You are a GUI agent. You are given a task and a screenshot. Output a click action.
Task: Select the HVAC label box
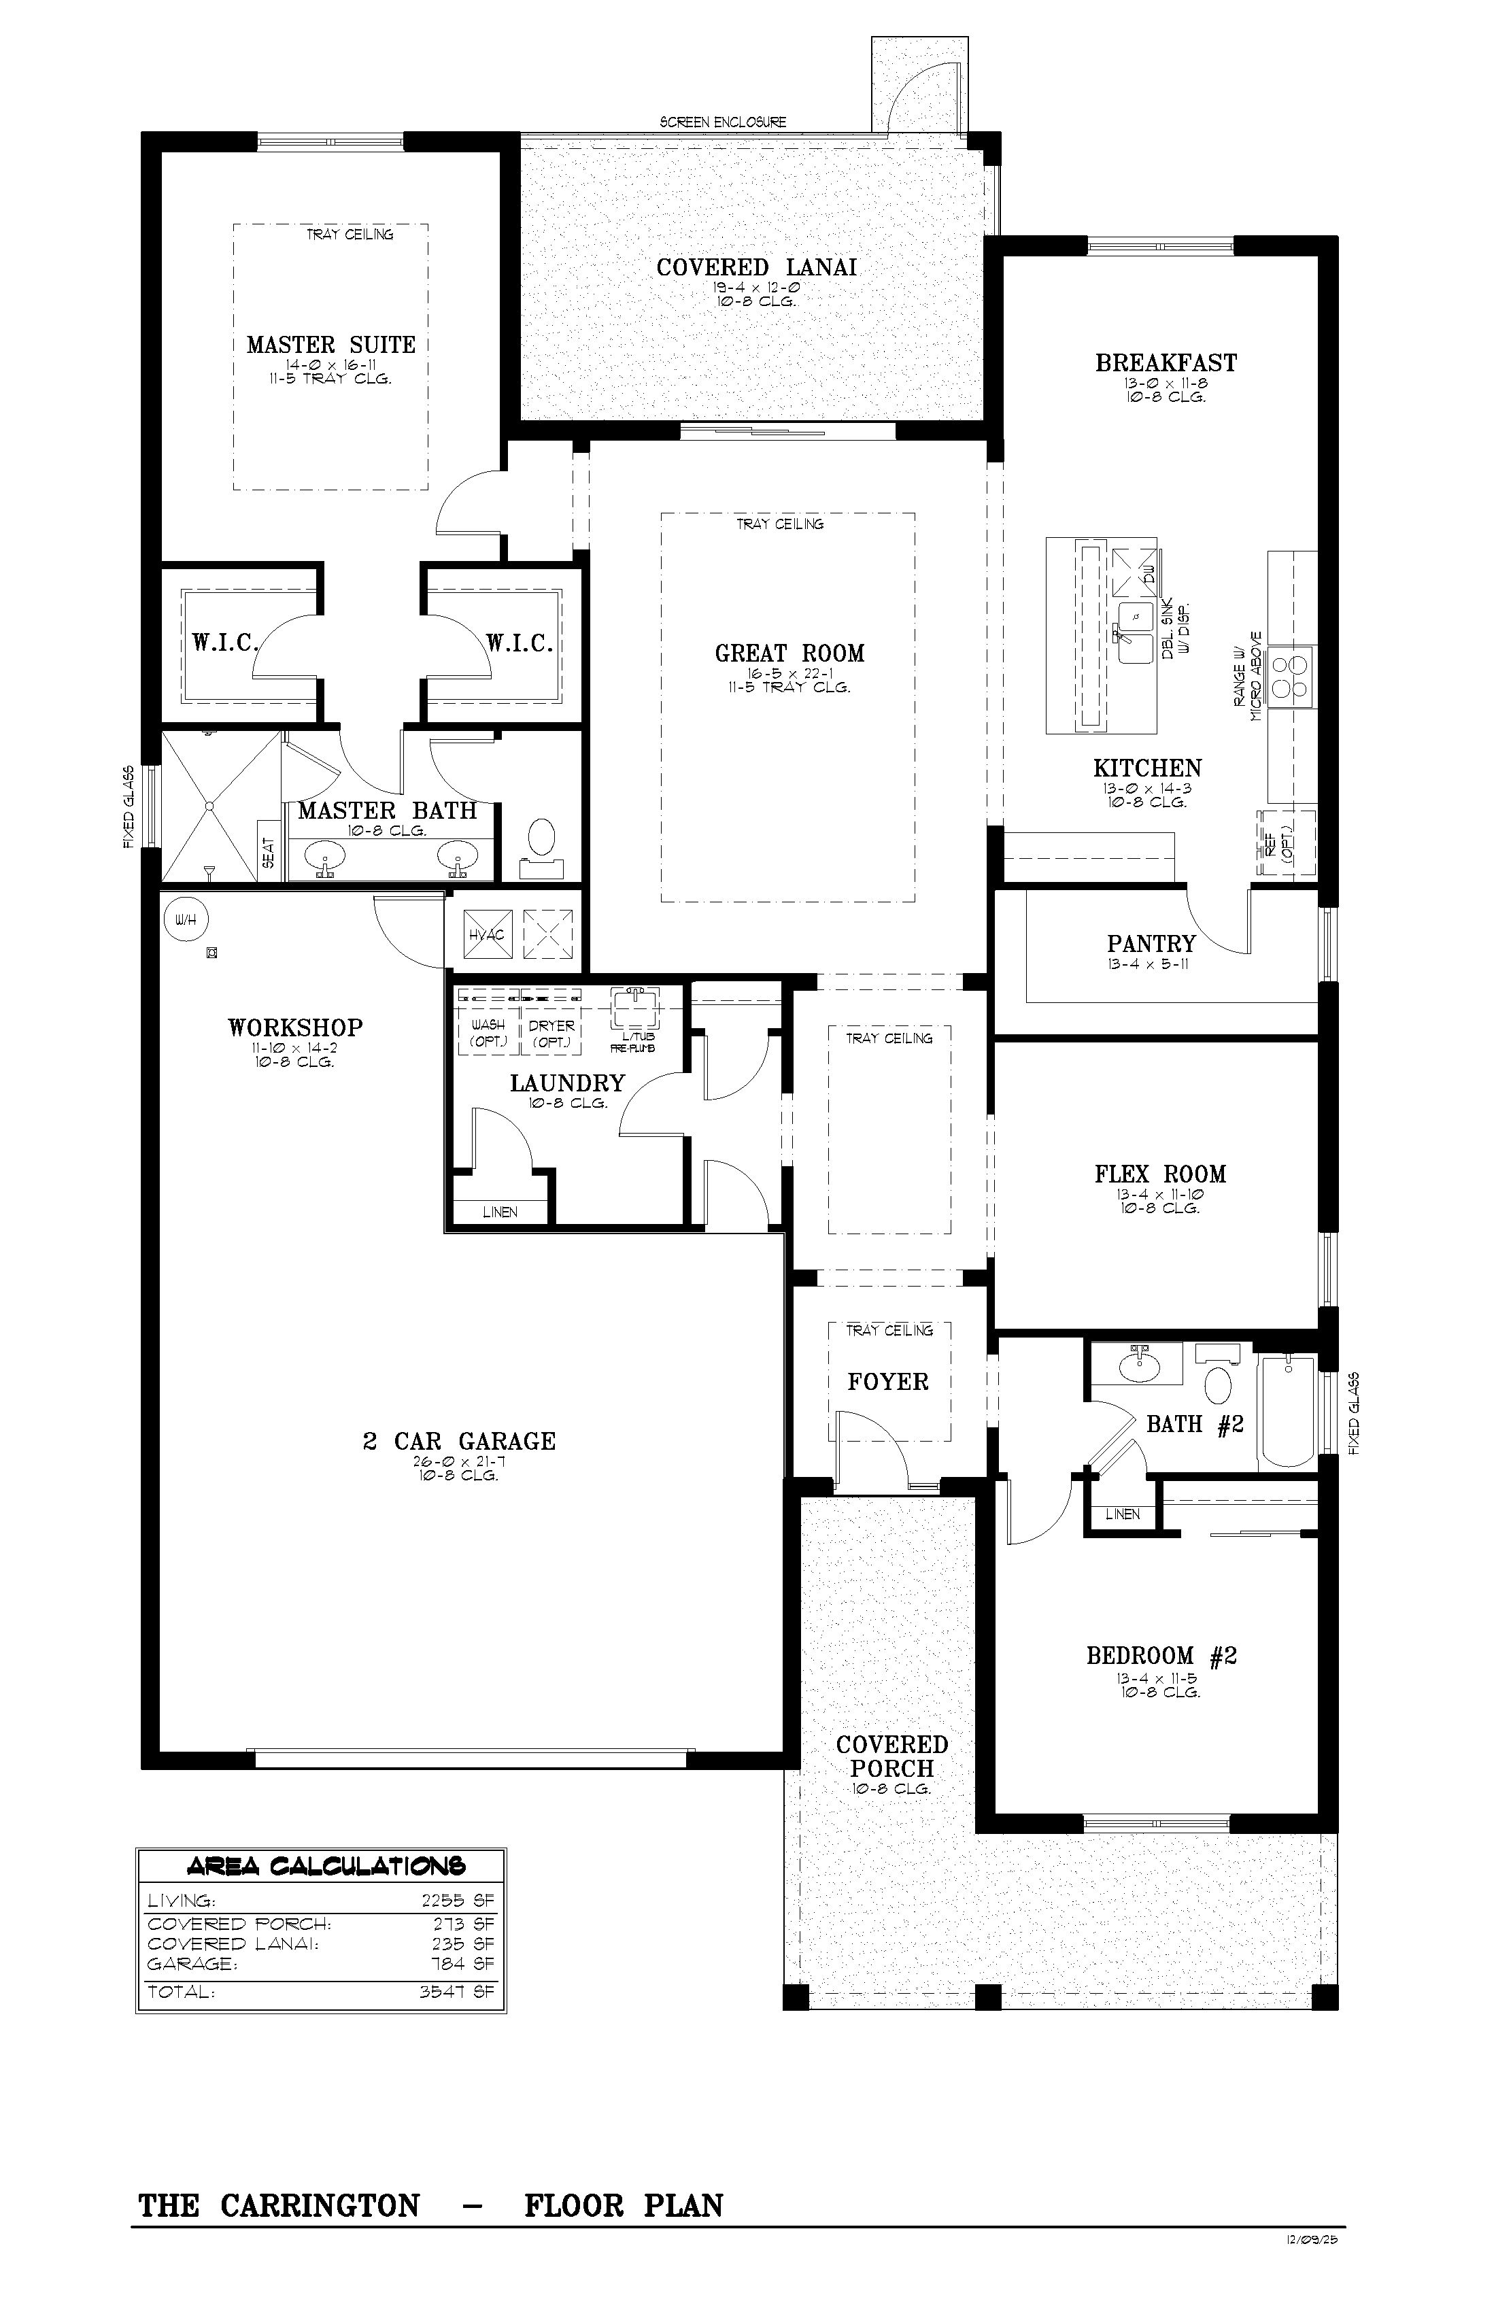coord(487,934)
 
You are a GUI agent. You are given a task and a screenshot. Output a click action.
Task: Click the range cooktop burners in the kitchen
coord(1291,676)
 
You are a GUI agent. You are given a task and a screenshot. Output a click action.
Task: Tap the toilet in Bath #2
coord(1218,1374)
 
